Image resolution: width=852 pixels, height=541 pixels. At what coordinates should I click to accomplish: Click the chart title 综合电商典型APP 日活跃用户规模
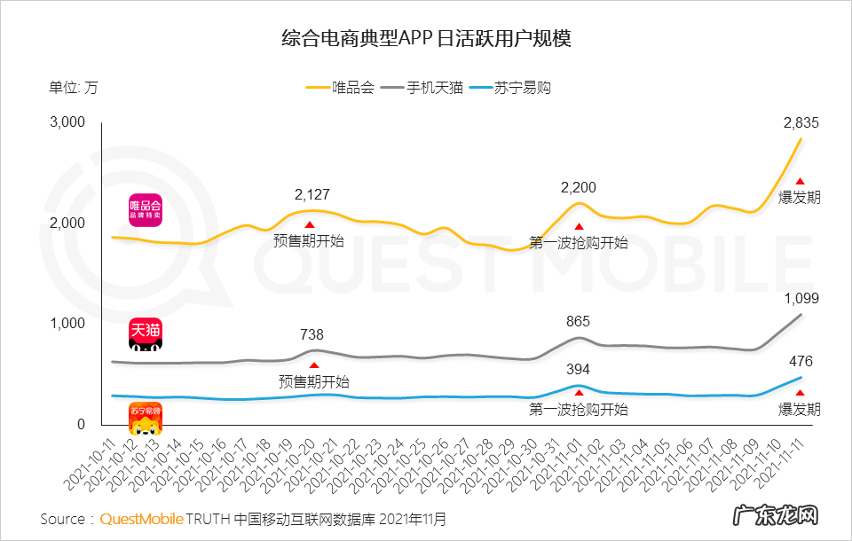point(425,39)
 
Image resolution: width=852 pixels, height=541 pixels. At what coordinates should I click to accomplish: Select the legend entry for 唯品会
point(341,89)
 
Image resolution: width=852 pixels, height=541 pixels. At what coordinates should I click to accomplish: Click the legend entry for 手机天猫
point(424,89)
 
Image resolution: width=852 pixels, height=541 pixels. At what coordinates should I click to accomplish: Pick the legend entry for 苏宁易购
point(511,89)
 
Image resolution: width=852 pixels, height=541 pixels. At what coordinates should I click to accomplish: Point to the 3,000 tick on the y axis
point(67,122)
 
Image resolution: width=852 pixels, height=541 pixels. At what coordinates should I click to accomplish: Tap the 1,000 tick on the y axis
point(67,324)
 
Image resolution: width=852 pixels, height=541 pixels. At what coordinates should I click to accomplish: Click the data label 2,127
point(312,193)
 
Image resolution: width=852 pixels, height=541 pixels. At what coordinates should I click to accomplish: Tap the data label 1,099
point(800,298)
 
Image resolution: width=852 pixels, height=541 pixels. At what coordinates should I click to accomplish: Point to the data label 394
point(579,369)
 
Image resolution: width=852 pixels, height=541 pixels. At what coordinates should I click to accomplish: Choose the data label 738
point(312,334)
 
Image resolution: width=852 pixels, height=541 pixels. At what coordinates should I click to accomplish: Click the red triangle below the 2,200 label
point(579,227)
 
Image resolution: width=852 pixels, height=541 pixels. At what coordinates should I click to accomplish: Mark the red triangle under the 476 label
point(800,393)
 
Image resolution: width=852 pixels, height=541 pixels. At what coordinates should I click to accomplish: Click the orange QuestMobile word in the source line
point(141,518)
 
